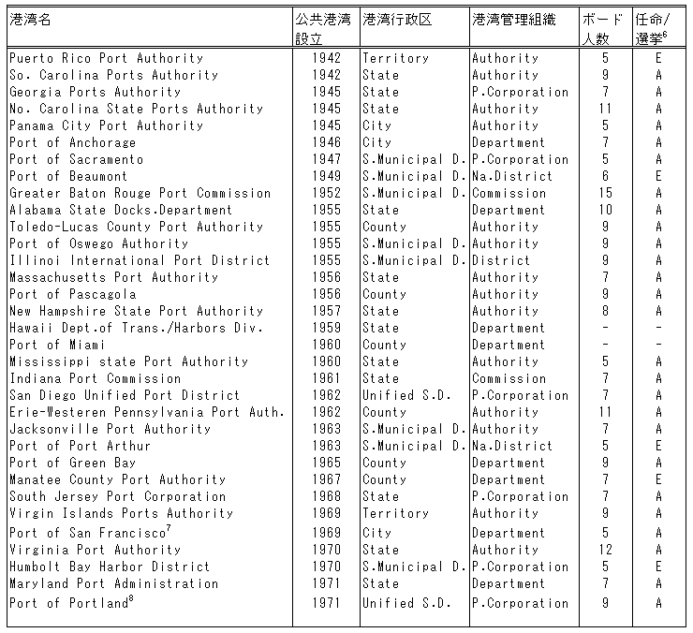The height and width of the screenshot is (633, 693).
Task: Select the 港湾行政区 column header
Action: click(397, 19)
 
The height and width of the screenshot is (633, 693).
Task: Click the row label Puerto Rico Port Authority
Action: click(106, 58)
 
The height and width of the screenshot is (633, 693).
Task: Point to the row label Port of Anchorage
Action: click(72, 142)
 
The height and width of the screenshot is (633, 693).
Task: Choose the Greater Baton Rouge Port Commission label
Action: click(140, 193)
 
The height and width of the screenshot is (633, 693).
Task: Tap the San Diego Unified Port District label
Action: click(125, 395)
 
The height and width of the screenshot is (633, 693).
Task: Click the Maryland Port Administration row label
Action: click(113, 583)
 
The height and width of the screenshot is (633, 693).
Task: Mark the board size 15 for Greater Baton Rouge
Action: click(606, 193)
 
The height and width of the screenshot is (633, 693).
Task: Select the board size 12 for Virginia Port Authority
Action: click(606, 550)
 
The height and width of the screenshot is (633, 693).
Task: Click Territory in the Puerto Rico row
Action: click(395, 58)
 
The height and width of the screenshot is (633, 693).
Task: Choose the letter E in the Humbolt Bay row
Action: click(658, 567)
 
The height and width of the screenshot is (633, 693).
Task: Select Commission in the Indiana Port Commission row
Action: click(509, 378)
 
